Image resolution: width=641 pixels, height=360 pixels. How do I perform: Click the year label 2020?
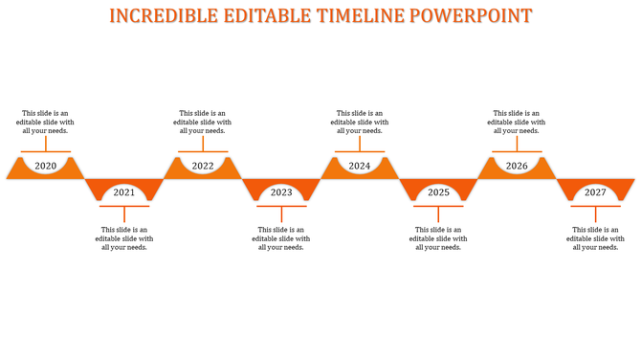click(x=45, y=167)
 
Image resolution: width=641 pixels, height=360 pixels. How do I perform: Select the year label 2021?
click(x=124, y=192)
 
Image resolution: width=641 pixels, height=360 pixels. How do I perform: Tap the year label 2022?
click(x=203, y=167)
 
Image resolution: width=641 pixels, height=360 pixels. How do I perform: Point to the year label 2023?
click(x=281, y=192)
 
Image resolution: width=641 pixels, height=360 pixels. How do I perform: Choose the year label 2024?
click(x=360, y=167)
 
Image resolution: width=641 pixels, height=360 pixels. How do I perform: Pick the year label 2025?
click(x=438, y=192)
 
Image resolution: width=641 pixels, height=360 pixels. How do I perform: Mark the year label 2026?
click(x=517, y=167)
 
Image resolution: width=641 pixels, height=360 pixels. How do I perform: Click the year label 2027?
click(x=595, y=192)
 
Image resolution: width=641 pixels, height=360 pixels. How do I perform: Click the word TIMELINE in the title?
click(x=356, y=16)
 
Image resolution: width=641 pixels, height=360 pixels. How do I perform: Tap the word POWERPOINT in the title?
click(x=472, y=16)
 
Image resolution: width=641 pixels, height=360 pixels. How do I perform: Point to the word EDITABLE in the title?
click(x=258, y=16)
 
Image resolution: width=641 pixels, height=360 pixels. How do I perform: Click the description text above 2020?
click(x=47, y=122)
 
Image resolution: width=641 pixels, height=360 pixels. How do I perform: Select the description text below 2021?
click(x=124, y=238)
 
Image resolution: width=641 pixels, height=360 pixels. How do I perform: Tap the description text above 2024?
click(x=360, y=122)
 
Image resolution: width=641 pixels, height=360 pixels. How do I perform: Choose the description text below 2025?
click(x=438, y=238)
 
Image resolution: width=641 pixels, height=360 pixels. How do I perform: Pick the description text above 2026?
click(x=517, y=122)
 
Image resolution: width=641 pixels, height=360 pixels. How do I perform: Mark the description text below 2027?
click(x=595, y=238)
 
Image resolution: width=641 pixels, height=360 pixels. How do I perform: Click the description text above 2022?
click(x=203, y=122)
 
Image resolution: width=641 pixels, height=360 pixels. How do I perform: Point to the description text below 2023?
click(x=281, y=238)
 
